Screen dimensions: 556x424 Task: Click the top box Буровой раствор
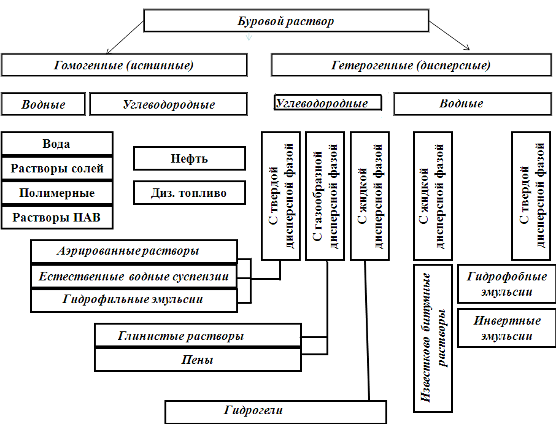(286, 21)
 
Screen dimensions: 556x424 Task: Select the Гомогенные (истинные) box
(124, 65)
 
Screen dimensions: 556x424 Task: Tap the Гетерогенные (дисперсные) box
(411, 65)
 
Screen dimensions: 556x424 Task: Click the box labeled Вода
(57, 144)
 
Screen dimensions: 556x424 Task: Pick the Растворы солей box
(57, 168)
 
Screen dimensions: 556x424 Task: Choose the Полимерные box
(57, 193)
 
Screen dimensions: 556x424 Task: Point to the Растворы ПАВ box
(57, 217)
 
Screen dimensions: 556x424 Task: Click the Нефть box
(190, 158)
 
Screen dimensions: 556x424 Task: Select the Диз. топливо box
(190, 193)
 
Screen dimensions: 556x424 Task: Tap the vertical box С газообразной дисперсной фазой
(325, 196)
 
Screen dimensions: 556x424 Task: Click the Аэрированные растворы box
(134, 252)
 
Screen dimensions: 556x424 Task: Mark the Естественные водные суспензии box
(134, 277)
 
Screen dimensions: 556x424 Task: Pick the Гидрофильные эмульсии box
(134, 301)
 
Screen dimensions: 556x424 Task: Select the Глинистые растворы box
(198, 335)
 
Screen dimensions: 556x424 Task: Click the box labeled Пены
(198, 360)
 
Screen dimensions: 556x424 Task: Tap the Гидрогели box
(276, 412)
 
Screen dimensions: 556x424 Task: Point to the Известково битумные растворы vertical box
(433, 338)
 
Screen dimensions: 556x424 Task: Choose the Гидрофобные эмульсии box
(507, 283)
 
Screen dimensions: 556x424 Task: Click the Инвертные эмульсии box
(507, 328)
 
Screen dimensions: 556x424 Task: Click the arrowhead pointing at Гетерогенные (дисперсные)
(468, 48)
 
